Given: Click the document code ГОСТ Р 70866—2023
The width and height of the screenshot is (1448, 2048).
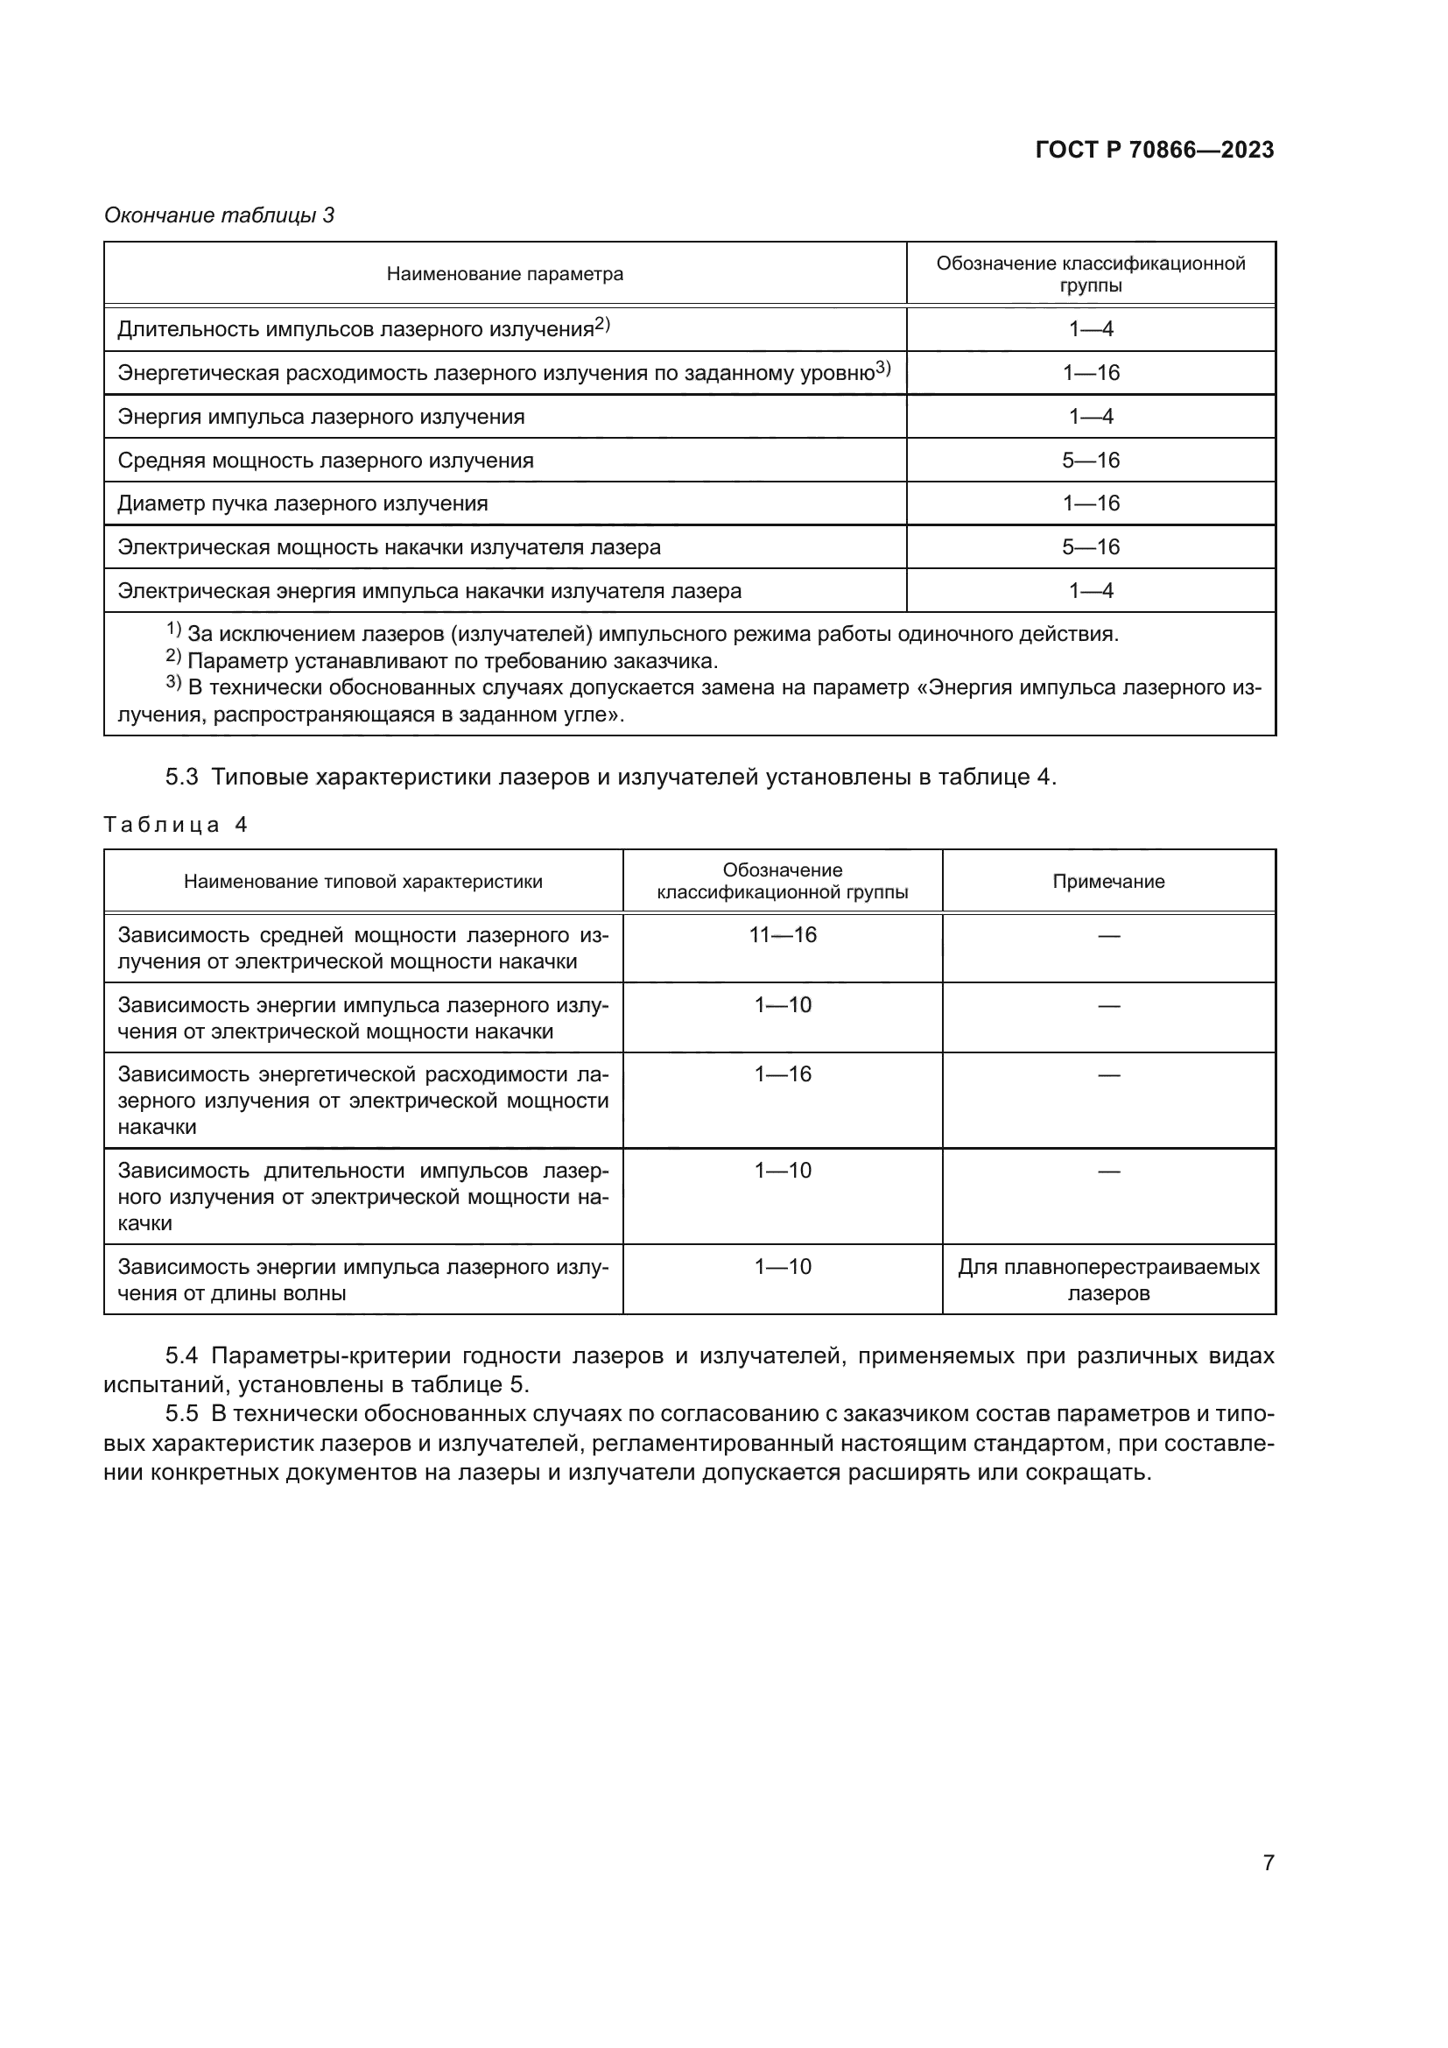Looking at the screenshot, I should (1154, 150).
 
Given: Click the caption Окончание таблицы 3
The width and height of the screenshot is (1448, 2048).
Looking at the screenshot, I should (220, 215).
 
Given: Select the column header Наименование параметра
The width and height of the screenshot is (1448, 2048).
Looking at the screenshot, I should (504, 274).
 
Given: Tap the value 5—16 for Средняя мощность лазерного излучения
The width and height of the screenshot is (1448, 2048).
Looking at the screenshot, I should (1091, 461).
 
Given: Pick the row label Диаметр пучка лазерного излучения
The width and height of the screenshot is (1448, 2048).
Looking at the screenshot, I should (302, 503).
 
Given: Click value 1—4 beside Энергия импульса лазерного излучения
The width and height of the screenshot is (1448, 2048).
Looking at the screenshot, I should (1091, 417).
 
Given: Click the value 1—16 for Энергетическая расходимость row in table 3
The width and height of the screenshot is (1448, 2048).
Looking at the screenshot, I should (1091, 373).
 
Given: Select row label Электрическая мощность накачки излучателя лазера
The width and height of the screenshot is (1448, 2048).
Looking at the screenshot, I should (389, 546).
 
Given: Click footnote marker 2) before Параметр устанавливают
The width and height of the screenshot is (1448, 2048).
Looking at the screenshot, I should (174, 658).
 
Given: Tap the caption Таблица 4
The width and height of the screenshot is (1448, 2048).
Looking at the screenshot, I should (175, 824).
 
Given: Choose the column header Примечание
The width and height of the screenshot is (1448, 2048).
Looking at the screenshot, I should (1108, 882).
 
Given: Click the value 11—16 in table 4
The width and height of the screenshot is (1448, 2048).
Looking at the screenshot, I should (782, 935).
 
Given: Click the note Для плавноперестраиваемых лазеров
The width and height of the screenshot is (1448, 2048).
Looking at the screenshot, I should (1108, 1280).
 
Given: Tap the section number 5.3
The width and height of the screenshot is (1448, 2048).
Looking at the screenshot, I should (182, 777).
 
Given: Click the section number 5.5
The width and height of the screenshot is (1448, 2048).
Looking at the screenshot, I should (182, 1414).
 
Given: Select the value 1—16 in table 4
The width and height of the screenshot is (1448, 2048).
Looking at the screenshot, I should (782, 1074).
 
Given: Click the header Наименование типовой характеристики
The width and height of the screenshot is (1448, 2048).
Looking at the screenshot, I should (363, 882).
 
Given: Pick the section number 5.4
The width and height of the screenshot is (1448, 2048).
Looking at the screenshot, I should (182, 1355).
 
